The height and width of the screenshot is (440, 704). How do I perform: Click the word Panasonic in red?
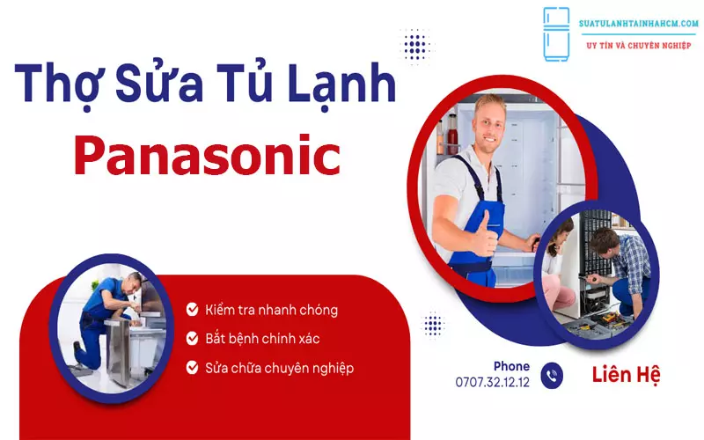(x=207, y=157)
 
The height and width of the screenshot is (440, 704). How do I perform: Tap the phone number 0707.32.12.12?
(x=493, y=382)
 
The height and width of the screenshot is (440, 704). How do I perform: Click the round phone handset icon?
(x=552, y=375)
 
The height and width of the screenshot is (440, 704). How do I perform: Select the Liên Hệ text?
(x=626, y=374)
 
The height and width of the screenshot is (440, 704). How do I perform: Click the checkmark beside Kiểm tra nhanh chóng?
(x=192, y=310)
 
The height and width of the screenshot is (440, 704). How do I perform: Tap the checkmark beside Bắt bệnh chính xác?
(x=192, y=338)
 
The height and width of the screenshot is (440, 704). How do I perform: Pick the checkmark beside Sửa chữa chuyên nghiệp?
(x=192, y=367)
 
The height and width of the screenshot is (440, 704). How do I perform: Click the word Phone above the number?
(x=511, y=366)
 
